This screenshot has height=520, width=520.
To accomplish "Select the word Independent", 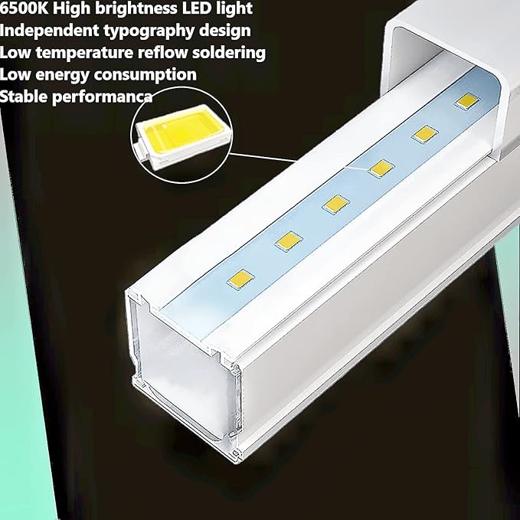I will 45,31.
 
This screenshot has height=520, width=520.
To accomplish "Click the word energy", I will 57,74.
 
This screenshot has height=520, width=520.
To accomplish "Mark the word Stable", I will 23,96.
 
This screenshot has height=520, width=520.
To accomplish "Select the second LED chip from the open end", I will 288,241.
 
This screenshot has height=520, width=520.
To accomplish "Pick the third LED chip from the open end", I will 335,204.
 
